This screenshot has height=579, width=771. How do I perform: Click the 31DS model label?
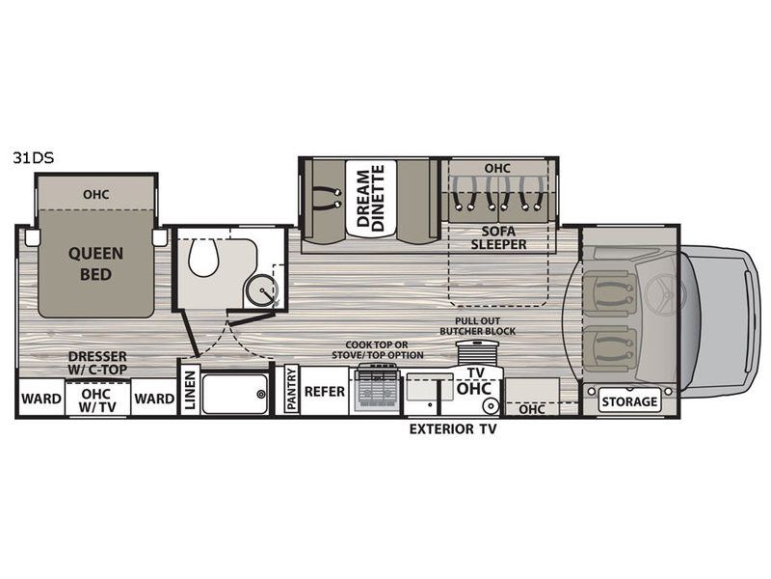pyautogui.click(x=34, y=157)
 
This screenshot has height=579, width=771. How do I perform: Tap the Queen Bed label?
pyautogui.click(x=95, y=263)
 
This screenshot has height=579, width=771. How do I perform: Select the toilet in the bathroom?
pyautogui.click(x=203, y=258)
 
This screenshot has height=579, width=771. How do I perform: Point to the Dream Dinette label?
pyautogui.click(x=371, y=198)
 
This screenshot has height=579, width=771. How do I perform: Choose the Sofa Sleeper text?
pyautogui.click(x=498, y=237)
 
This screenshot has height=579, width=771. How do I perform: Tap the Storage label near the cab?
pyautogui.click(x=629, y=401)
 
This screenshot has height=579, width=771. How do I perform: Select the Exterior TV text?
pyautogui.click(x=453, y=429)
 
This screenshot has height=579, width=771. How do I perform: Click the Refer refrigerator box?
pyautogui.click(x=325, y=392)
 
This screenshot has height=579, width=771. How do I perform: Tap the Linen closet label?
pyautogui.click(x=190, y=391)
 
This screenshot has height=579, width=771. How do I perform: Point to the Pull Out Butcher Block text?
pyautogui.click(x=477, y=326)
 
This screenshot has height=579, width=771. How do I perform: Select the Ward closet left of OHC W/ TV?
pyautogui.click(x=41, y=399)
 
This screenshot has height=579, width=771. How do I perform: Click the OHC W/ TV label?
pyautogui.click(x=96, y=400)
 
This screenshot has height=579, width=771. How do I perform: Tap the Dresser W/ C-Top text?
pyautogui.click(x=97, y=363)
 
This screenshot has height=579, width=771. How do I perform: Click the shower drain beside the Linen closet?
pyautogui.click(x=261, y=394)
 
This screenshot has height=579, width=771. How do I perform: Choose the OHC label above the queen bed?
pyautogui.click(x=95, y=195)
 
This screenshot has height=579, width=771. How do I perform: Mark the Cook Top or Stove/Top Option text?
pyautogui.click(x=377, y=350)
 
